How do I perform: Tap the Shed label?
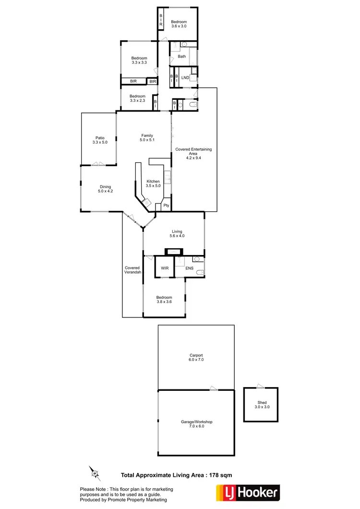(262, 405)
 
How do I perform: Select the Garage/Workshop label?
(196, 424)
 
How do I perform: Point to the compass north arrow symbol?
(94, 473)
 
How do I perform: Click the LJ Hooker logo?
(247, 493)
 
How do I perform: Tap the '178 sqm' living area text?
(219, 475)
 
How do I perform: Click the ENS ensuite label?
(189, 268)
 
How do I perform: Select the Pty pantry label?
(166, 206)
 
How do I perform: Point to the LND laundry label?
(185, 77)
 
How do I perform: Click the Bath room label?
(181, 57)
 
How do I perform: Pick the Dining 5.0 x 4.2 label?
(105, 189)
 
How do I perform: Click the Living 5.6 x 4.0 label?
(177, 234)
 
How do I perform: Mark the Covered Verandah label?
(132, 270)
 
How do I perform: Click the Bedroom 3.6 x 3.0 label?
(179, 24)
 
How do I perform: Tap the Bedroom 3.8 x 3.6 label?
(164, 300)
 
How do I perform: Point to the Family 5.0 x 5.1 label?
(147, 137)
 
